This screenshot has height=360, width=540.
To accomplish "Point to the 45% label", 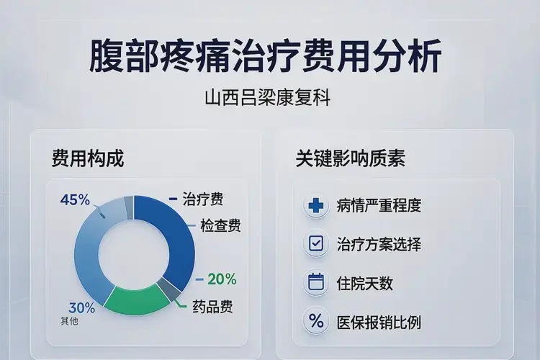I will pos(76,199).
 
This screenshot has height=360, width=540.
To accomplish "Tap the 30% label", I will pos(81,307).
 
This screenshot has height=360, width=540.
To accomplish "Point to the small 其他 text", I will pos(70,321).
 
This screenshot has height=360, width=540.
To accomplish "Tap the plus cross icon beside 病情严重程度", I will pos(315,205).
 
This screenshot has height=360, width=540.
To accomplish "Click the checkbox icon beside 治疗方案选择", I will pos(315,244).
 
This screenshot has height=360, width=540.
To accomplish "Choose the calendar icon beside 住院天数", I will pos(315,282).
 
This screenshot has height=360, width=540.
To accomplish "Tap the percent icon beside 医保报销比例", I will pos(315,321).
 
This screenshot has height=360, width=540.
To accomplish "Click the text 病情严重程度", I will pos(378,205).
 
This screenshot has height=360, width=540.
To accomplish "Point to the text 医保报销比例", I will pos(378,321).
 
